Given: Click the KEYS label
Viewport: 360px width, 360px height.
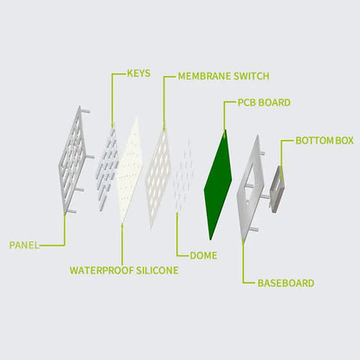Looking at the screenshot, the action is [138, 74].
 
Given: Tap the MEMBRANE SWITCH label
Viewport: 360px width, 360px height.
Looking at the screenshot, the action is [223, 76].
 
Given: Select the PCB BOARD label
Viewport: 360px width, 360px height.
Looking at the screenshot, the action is [264, 102].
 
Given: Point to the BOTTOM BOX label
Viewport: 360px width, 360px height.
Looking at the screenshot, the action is [325, 140].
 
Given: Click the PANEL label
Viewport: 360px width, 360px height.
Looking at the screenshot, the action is [24, 245].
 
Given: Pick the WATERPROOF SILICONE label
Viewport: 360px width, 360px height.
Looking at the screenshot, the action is [124, 270].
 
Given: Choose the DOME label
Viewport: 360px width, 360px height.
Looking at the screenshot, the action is [203, 255].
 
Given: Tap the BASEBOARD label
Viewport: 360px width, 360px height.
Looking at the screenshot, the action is [286, 283].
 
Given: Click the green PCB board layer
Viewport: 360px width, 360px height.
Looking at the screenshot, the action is [218, 184].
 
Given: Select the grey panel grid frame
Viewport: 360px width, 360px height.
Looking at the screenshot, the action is [73, 160].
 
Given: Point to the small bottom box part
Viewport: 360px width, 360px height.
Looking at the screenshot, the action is [277, 189].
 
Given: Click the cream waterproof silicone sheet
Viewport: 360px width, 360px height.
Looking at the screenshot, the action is [130, 170].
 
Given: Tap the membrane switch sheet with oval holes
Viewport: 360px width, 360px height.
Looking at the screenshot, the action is [157, 179].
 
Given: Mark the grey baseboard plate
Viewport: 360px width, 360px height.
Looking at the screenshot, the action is [250, 189].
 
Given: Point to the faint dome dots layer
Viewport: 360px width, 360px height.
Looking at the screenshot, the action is [183, 176].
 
